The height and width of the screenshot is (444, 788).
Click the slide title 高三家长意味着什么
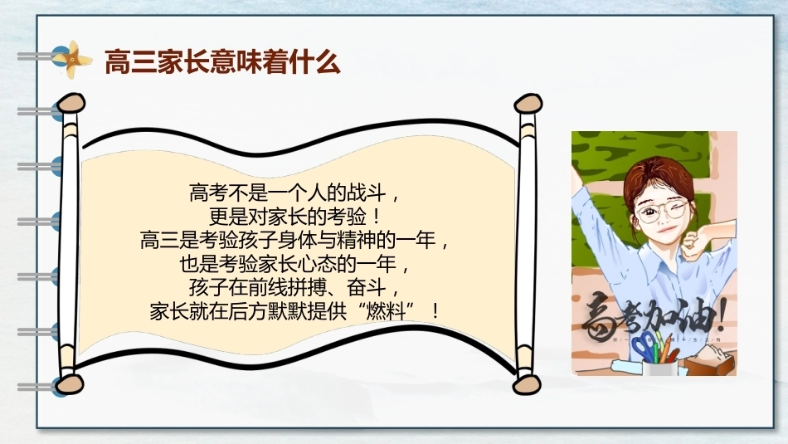[222, 62]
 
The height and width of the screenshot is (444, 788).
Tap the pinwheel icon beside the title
[73, 59]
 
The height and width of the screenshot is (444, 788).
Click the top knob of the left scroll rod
[71, 103]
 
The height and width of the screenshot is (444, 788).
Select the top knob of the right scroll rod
[528, 104]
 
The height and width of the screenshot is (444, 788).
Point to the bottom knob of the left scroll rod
[70, 383]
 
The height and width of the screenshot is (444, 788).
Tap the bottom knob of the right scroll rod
[526, 385]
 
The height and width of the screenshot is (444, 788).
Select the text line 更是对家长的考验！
[295, 217]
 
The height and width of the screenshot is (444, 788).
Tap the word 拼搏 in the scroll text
[308, 287]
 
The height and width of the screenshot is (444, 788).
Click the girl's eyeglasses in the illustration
[661, 211]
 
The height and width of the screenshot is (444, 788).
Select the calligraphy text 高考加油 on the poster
[654, 317]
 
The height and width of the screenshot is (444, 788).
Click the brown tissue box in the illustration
[709, 360]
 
